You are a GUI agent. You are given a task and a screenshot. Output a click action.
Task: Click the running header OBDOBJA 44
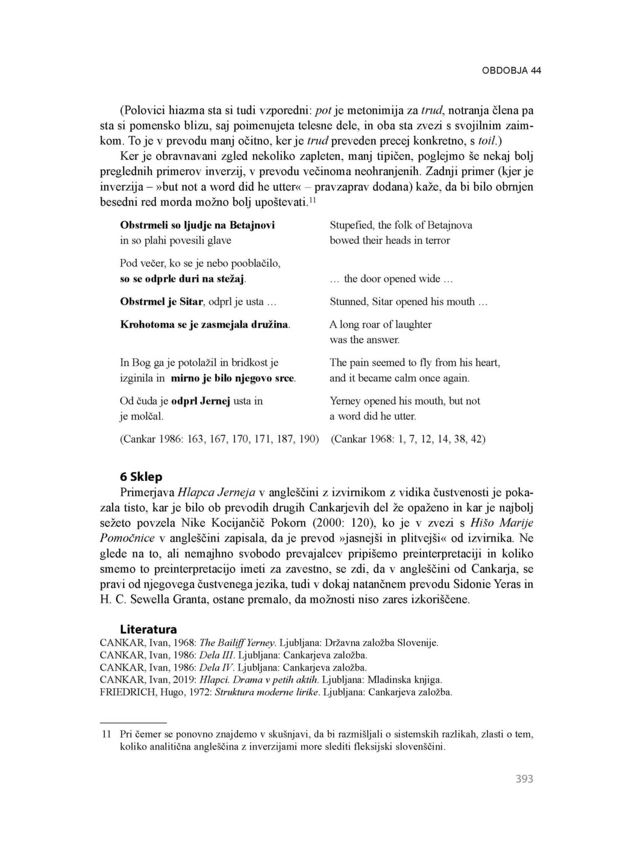pos(511,70)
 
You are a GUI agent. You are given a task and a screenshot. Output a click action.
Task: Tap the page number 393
pos(524,779)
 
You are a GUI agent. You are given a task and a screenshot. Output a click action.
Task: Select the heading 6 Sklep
pos(141,477)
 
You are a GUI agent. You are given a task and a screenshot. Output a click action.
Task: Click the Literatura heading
pos(148,630)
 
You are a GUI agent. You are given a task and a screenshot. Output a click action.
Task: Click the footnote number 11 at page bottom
pos(107,734)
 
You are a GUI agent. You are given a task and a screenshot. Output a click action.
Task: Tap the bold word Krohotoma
pos(145,324)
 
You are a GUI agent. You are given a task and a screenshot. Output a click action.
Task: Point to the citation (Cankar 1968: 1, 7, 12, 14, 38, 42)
pos(408,439)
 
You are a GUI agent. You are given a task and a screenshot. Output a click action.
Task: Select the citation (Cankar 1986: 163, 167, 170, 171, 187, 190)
pos(219,439)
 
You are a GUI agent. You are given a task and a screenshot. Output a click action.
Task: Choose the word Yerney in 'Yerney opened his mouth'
pos(345,401)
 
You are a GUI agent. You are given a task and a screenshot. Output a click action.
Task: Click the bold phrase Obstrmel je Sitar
pos(163,302)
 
